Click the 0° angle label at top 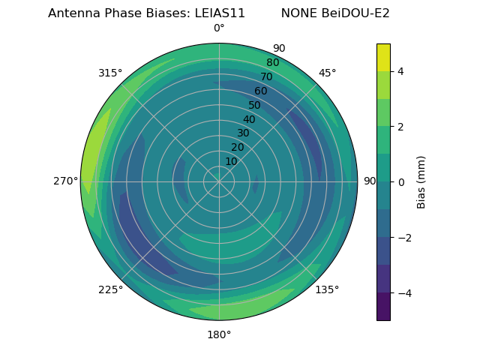pyautogui.click(x=219, y=28)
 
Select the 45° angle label pyautogui.click(x=327, y=73)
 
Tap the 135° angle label pyautogui.click(x=327, y=289)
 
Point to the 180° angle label pyautogui.click(x=219, y=334)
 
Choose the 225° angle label pyautogui.click(x=110, y=289)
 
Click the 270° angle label pyautogui.click(x=66, y=181)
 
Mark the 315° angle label pyautogui.click(x=110, y=73)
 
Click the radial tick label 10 pyautogui.click(x=231, y=161)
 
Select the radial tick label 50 pyautogui.click(x=254, y=105)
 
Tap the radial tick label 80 pyautogui.click(x=272, y=63)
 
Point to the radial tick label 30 pyautogui.click(x=243, y=133)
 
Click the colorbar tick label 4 pyautogui.click(x=401, y=71)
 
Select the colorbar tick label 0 pyautogui.click(x=401, y=182)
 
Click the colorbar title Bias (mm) pyautogui.click(x=421, y=182)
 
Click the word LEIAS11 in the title pyautogui.click(x=217, y=13)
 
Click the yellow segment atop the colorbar pyautogui.click(x=383, y=57)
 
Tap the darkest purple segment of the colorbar pyautogui.click(x=383, y=307)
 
